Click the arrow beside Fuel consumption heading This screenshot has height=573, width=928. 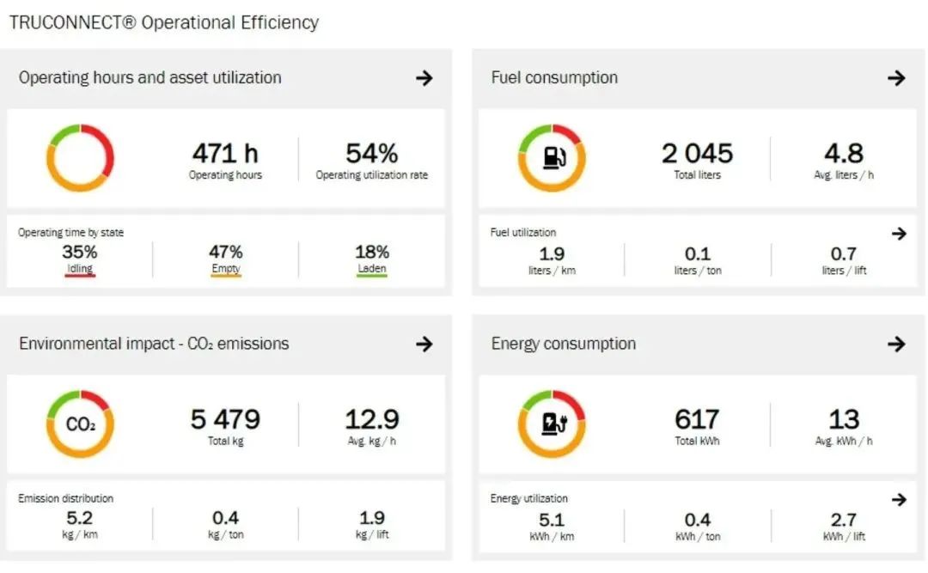click(x=896, y=78)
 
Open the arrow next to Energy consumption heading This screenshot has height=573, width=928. click(x=896, y=344)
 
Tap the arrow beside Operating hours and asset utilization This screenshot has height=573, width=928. click(x=424, y=78)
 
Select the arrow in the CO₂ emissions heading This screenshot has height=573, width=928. click(x=424, y=344)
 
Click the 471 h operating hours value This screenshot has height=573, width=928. click(x=225, y=154)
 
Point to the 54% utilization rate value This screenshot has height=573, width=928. click(x=371, y=154)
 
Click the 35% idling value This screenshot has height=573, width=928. click(x=79, y=253)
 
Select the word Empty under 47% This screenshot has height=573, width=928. click(x=225, y=269)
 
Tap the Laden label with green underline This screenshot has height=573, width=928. click(x=371, y=269)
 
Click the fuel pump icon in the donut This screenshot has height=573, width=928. click(x=552, y=158)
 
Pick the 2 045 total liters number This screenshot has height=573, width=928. click(x=697, y=154)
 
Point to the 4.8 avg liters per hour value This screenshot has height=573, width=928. click(x=843, y=154)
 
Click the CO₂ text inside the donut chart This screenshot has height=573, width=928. click(x=80, y=424)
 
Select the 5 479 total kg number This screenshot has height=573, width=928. click(x=225, y=420)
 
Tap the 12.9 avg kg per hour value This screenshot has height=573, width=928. click(x=371, y=420)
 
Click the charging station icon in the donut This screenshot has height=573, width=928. click(x=552, y=424)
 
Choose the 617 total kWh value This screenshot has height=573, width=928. click(x=697, y=420)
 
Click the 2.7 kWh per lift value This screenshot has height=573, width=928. click(x=843, y=520)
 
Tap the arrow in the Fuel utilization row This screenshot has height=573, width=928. click(x=899, y=234)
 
